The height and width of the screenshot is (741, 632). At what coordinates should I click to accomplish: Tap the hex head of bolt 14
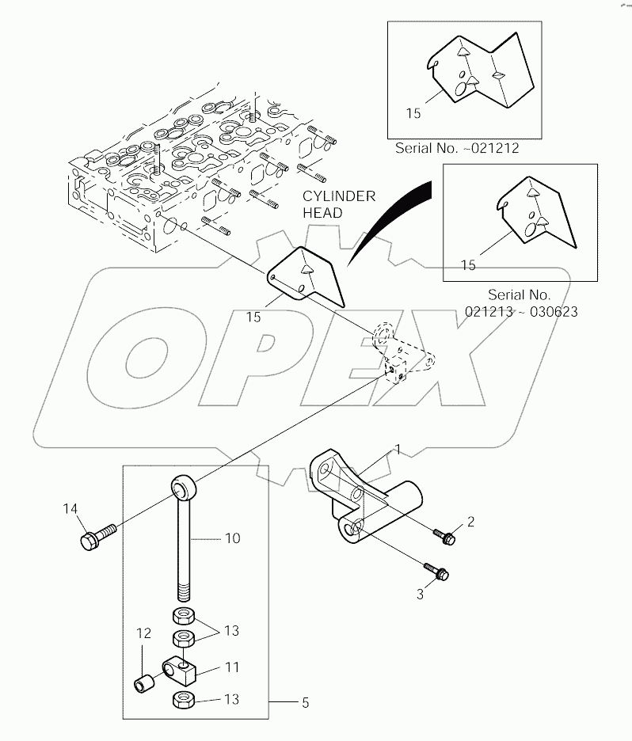[89, 541]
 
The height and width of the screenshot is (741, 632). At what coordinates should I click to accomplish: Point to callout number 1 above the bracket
[398, 450]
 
